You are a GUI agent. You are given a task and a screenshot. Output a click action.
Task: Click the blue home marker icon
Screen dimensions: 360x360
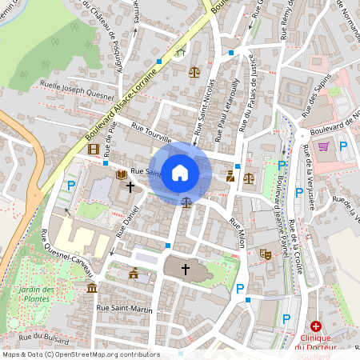180,173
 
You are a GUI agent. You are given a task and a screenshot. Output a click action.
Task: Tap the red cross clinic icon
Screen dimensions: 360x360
316,327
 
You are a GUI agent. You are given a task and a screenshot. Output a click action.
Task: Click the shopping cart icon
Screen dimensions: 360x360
324,146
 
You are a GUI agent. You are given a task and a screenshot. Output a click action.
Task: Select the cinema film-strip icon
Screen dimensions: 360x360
94,148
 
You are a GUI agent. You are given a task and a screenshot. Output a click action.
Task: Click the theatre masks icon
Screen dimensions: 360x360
266,254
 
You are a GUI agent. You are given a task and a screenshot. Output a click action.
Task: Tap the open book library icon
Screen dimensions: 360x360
121,174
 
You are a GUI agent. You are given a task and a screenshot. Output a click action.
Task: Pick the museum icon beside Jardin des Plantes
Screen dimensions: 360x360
92,287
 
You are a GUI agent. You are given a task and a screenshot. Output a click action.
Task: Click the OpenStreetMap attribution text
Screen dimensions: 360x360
81,354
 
